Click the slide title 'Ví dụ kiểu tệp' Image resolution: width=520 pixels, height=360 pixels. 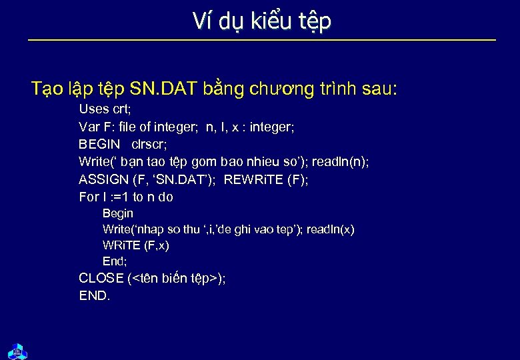coord(261,21)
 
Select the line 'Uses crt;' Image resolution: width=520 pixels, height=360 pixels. coord(105,109)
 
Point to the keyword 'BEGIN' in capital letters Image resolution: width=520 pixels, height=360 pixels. coord(99,144)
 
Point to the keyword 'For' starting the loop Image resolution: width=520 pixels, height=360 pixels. coord(89,197)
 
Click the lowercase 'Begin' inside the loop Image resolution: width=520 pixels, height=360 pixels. coord(118,213)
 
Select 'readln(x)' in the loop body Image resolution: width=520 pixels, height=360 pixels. coord(331,229)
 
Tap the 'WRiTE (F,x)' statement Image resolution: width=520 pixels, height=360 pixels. coord(136,245)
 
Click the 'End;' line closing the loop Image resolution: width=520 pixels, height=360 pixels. coord(115,261)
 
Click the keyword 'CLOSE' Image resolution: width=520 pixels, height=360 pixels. coord(101,279)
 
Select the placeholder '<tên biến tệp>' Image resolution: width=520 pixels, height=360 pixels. coord(175,279)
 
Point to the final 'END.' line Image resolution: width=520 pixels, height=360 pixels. coord(95,296)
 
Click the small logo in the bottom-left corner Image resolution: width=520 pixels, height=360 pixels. coord(17,350)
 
